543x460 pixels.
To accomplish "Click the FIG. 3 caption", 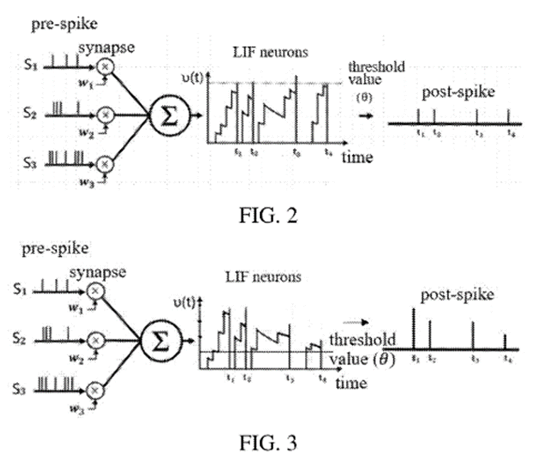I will click(x=268, y=442).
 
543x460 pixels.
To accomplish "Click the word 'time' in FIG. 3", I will click(x=352, y=383).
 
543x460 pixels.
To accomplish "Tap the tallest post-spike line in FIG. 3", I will click(x=414, y=327).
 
